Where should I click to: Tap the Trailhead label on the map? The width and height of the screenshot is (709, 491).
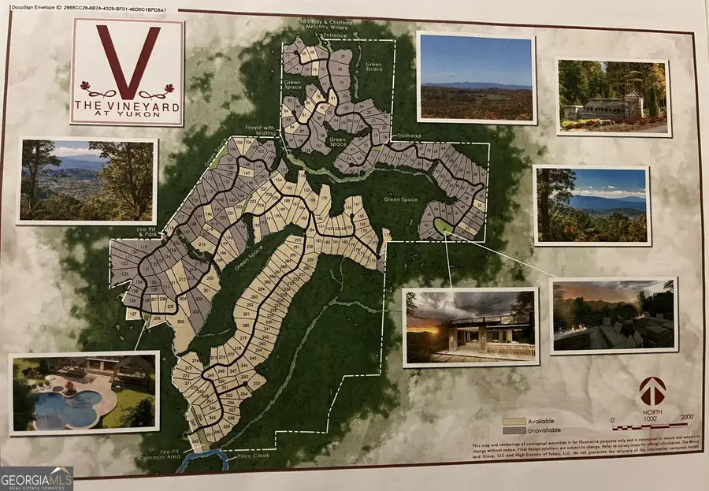coord(410,135)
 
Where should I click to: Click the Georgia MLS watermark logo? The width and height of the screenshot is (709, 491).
coord(37,478)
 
